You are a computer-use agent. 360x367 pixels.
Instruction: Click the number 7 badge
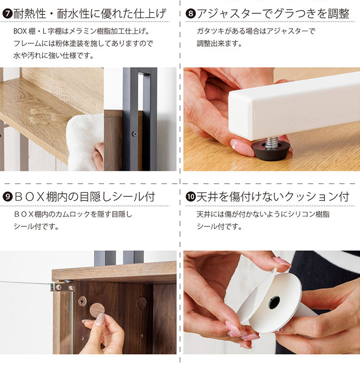7,13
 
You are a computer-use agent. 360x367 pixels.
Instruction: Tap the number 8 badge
191,13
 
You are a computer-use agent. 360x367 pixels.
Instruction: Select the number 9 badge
7,197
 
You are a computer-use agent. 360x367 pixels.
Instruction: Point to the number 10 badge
191,197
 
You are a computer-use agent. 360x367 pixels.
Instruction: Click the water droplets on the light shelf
41,115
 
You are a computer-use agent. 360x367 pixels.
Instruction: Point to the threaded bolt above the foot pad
272,142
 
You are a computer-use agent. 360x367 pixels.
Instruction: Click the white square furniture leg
298,103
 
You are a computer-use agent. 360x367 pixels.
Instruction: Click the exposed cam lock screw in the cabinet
82,301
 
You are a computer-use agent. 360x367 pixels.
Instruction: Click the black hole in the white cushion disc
274,302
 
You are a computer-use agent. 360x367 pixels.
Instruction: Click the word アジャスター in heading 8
229,13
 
